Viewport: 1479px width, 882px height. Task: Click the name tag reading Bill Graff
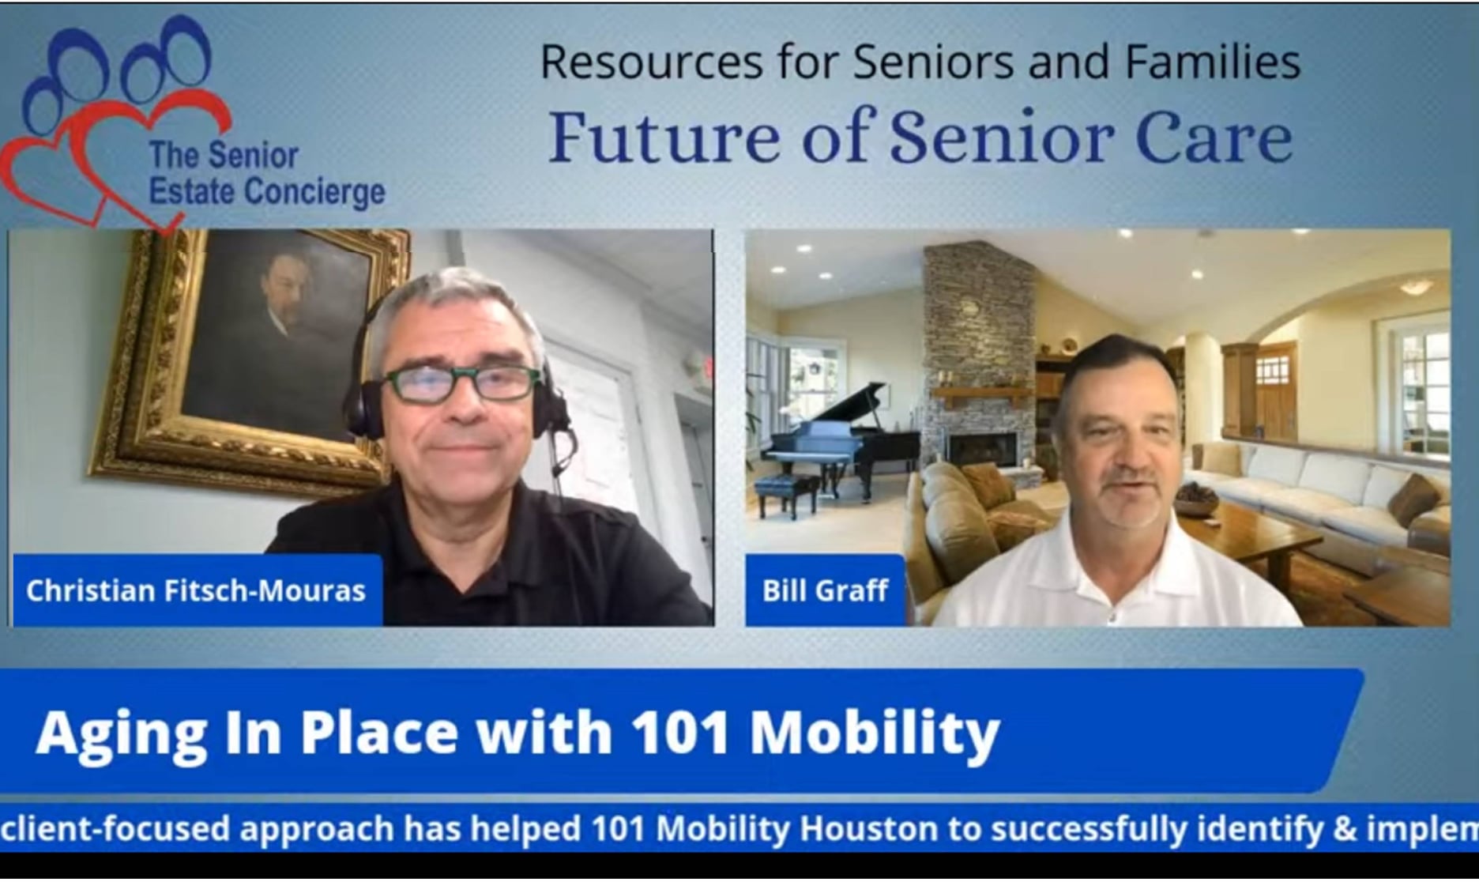(825, 590)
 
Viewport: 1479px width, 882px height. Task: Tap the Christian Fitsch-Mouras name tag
(198, 590)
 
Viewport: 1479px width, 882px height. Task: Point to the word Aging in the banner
(120, 733)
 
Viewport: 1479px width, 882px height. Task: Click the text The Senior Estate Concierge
(266, 174)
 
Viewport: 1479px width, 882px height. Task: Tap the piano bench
(787, 495)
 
